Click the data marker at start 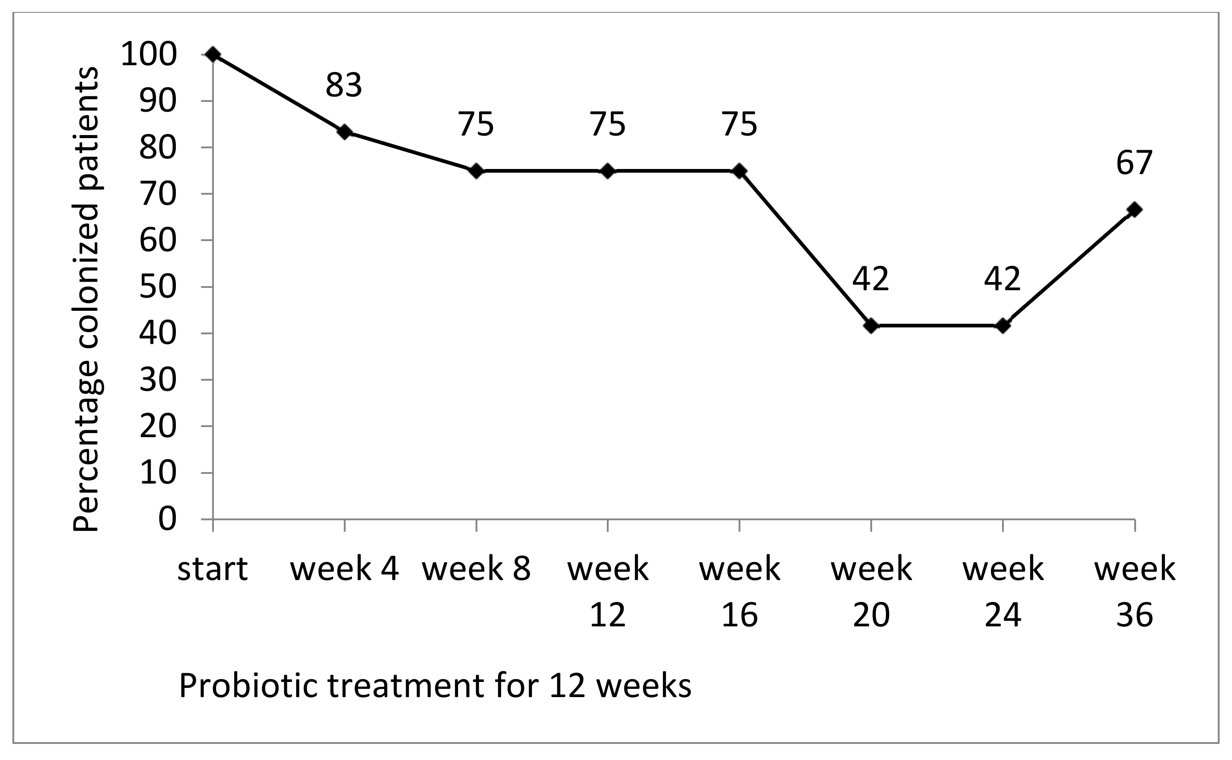[213, 54]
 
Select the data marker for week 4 [345, 132]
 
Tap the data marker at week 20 [871, 326]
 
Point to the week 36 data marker [1135, 209]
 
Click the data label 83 [344, 85]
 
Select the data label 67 [1134, 163]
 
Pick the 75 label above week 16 [739, 124]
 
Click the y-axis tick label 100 [149, 54]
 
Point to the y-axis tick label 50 [158, 287]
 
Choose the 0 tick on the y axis [168, 519]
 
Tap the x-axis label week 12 [608, 591]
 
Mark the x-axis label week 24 [1003, 591]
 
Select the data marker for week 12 [608, 171]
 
